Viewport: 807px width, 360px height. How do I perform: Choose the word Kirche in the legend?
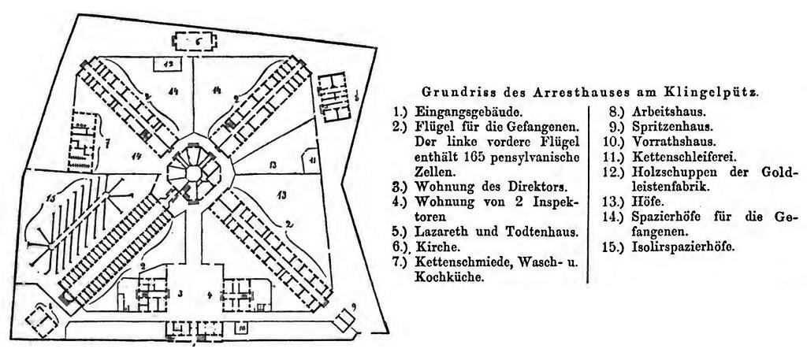432,247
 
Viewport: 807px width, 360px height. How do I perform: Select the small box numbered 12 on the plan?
169,62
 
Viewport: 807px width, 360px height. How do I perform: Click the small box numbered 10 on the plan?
243,325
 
